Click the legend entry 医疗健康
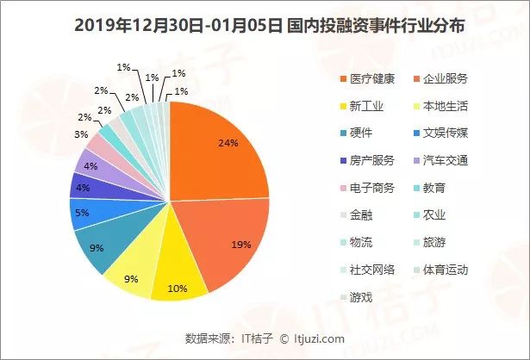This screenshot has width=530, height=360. [372, 79]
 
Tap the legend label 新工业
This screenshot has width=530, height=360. [367, 107]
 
